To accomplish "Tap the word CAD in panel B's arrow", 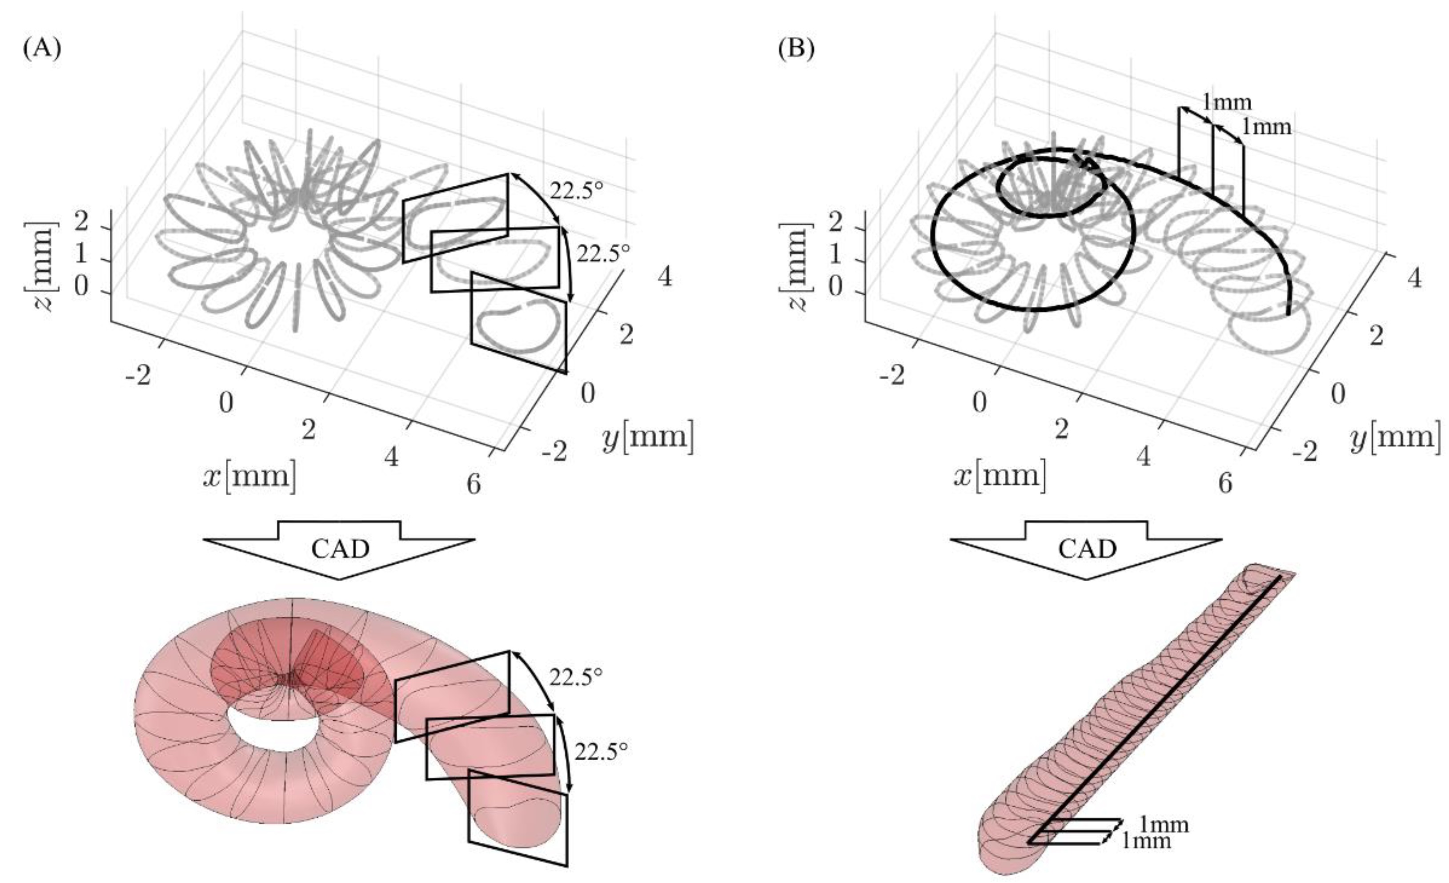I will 1088,549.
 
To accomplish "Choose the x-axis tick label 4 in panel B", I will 1143,456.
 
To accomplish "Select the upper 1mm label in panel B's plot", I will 1227,102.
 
